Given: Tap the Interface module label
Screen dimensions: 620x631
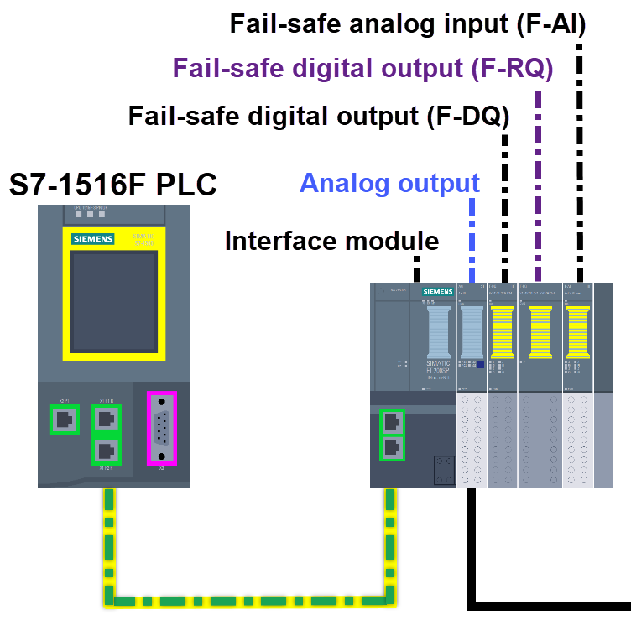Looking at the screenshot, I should click(331, 242).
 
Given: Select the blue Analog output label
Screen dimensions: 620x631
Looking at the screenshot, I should click(389, 183).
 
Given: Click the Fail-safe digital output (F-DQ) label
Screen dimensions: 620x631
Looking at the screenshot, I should click(319, 115).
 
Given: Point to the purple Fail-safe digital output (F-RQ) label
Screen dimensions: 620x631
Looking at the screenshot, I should click(362, 68).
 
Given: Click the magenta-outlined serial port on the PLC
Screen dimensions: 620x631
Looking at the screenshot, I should click(162, 427).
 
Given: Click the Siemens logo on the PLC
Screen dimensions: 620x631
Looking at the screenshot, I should click(92, 239).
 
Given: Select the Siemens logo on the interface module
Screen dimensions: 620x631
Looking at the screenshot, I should click(438, 292).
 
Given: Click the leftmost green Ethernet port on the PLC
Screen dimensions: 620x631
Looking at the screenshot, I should click(63, 419).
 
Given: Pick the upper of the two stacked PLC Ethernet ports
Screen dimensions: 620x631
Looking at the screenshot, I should click(107, 419).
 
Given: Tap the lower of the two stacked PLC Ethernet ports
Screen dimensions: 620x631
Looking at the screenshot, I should click(107, 451).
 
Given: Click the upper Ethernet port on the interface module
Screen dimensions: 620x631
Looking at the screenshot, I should click(391, 422).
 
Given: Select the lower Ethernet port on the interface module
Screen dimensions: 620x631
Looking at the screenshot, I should click(391, 448).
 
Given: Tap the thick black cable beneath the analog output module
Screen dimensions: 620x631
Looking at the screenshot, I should click(472, 545).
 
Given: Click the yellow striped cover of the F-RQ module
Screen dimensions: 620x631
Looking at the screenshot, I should click(540, 332).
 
